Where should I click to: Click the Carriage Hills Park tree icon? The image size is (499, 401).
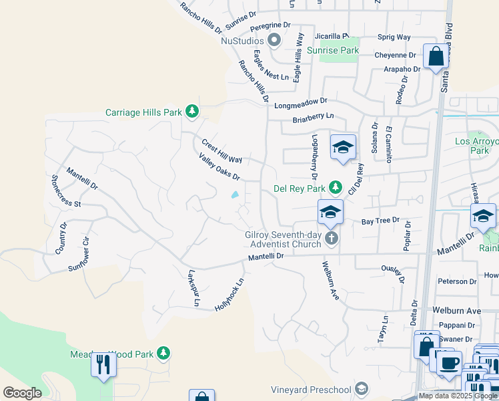(192, 111)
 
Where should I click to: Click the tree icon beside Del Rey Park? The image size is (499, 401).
(337, 188)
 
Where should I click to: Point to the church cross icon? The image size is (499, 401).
(332, 239)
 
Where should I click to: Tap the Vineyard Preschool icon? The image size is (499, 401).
(361, 389)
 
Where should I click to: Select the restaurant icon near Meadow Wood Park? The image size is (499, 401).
(103, 365)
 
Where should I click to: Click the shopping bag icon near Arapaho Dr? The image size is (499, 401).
(436, 57)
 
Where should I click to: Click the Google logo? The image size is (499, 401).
(22, 393)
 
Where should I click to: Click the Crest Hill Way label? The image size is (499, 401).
(221, 151)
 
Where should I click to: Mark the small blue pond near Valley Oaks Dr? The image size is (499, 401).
(235, 195)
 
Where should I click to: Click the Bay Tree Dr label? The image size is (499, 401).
(380, 220)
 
